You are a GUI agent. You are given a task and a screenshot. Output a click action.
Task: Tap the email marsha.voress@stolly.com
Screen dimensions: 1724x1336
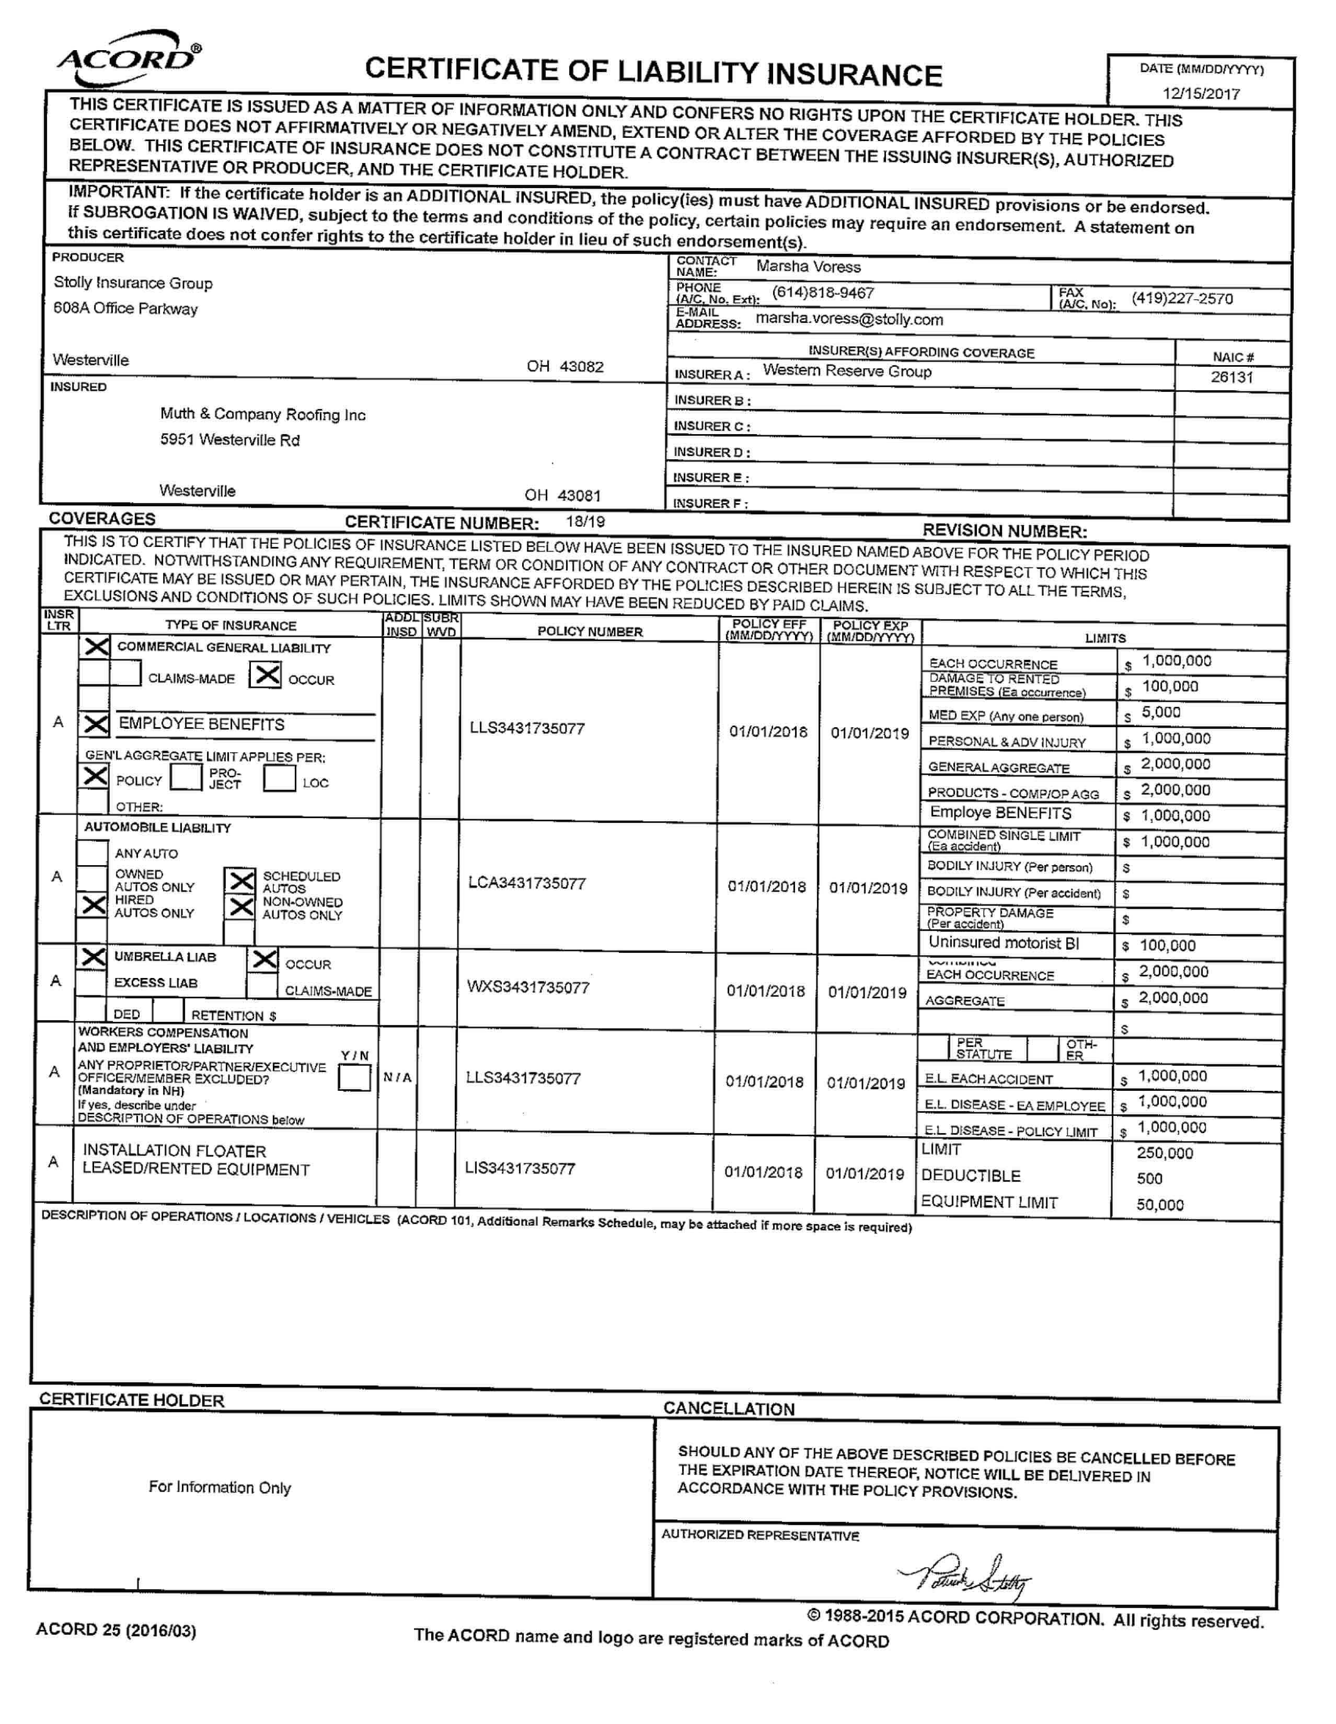coord(849,320)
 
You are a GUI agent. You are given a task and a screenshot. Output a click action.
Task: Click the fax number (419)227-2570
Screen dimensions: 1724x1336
coord(1181,298)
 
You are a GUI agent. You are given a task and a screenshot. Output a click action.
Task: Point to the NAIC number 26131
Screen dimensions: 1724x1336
coord(1231,377)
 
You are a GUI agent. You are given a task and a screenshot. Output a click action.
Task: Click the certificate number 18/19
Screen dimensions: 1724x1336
coord(585,522)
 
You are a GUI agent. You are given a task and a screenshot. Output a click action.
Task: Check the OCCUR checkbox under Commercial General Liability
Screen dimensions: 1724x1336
coord(266,675)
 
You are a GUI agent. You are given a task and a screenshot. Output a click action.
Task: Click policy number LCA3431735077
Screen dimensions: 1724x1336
coord(527,883)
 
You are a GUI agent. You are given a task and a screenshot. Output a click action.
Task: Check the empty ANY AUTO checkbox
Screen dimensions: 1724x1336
coord(93,853)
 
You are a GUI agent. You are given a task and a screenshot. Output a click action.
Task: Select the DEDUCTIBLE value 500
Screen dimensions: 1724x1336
coord(1149,1179)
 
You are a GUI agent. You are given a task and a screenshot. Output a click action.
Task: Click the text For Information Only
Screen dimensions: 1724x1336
coord(220,1487)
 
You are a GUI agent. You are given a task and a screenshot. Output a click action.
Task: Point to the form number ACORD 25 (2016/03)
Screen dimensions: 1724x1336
coord(116,1630)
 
